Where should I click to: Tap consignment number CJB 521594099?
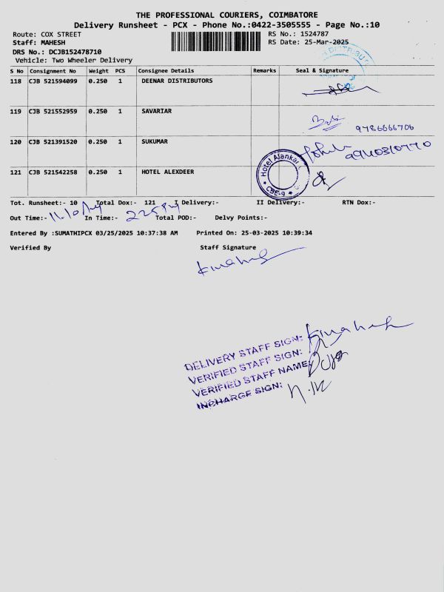tap(53, 81)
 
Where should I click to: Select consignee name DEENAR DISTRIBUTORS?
tap(177, 81)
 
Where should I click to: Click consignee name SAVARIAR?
tap(156, 111)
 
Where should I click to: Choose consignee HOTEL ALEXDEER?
tap(167, 172)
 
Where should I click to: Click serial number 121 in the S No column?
tap(16, 172)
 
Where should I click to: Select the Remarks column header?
tap(264, 70)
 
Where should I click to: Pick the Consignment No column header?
tap(53, 70)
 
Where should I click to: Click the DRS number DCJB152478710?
tap(70, 52)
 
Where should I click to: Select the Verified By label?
tap(30, 248)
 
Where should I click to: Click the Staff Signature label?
tap(228, 247)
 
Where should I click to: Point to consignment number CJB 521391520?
tap(53, 141)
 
